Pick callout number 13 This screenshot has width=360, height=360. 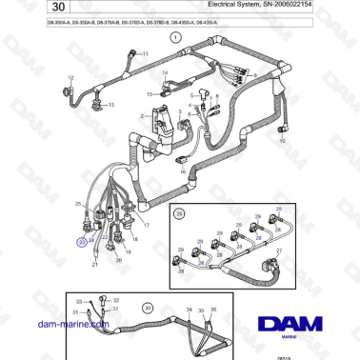[111, 104]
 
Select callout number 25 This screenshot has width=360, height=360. [78, 205]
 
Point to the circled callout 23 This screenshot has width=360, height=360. [82, 243]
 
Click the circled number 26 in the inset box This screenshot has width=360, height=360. [178, 216]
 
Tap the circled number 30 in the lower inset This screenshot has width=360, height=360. [147, 308]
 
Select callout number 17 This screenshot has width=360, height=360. [146, 224]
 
